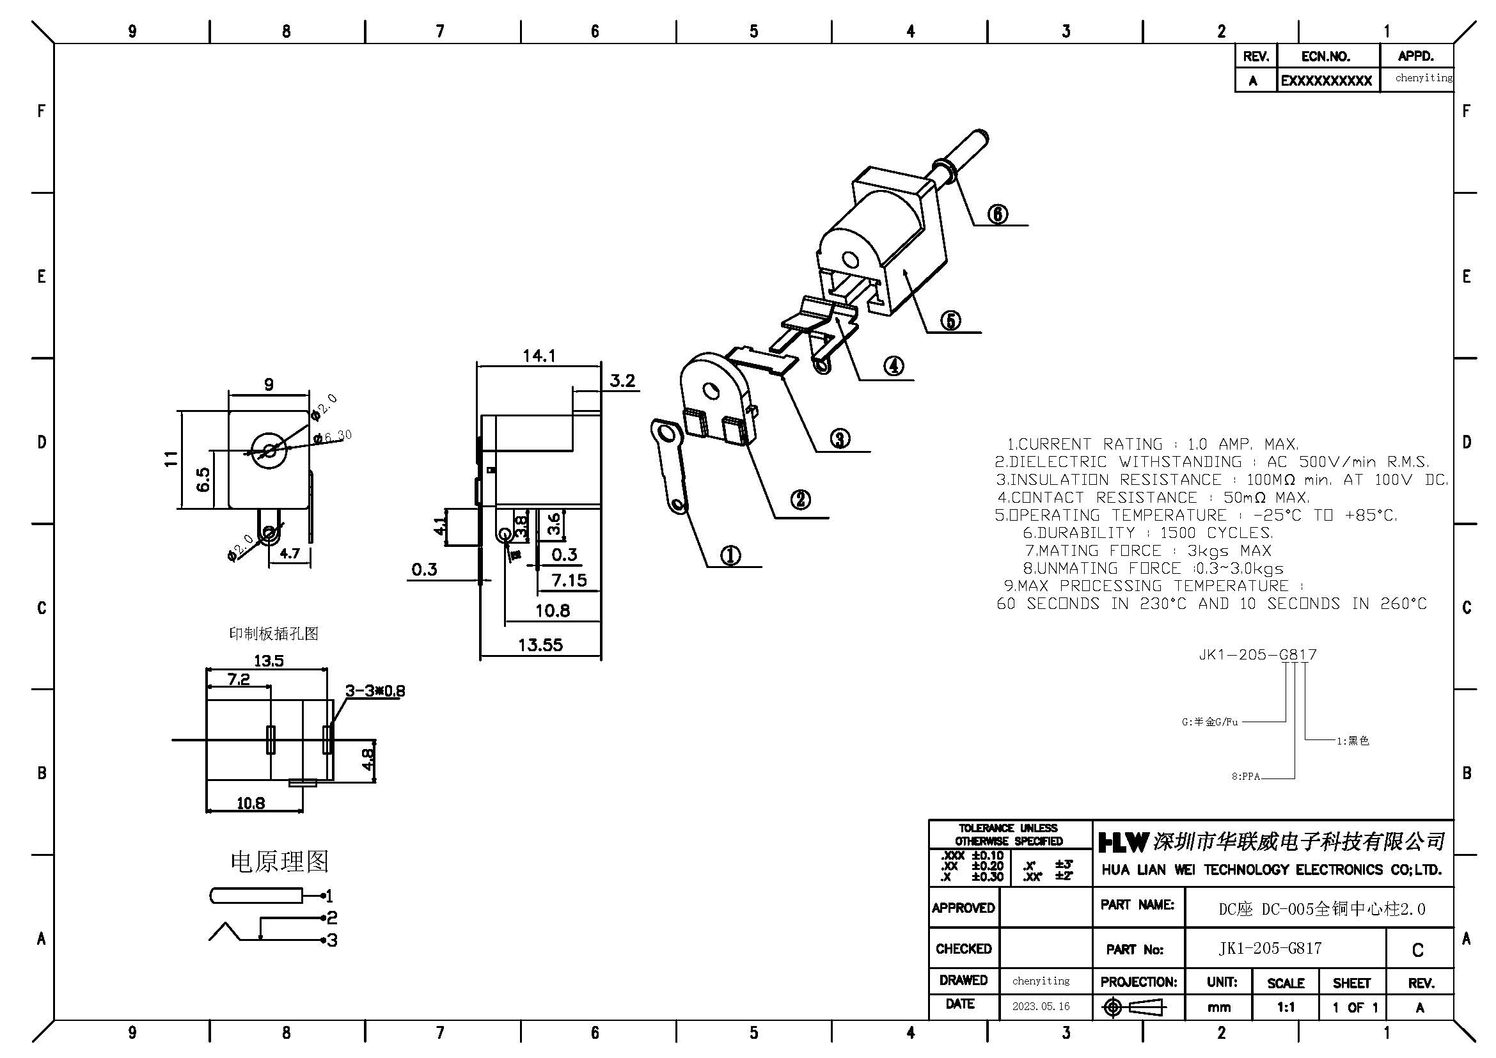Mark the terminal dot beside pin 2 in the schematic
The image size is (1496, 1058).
tap(322, 917)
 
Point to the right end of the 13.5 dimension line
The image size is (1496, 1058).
tap(326, 669)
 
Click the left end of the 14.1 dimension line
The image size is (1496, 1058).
tap(477, 365)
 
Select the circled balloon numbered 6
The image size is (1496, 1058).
tap(998, 214)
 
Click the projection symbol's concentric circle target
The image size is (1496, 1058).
tap(1113, 1008)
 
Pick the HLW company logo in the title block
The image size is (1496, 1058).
tap(1122, 842)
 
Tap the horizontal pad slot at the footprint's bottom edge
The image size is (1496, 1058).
tap(303, 784)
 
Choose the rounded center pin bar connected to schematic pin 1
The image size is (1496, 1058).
tap(256, 896)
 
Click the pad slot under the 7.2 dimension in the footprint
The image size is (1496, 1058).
tap(271, 740)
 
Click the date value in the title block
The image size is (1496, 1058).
tap(1041, 1007)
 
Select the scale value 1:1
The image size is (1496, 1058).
tap(1286, 1007)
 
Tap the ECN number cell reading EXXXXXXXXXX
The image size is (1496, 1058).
tap(1327, 81)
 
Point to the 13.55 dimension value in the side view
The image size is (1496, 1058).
tap(540, 645)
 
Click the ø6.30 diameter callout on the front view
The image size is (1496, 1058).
tap(333, 436)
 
